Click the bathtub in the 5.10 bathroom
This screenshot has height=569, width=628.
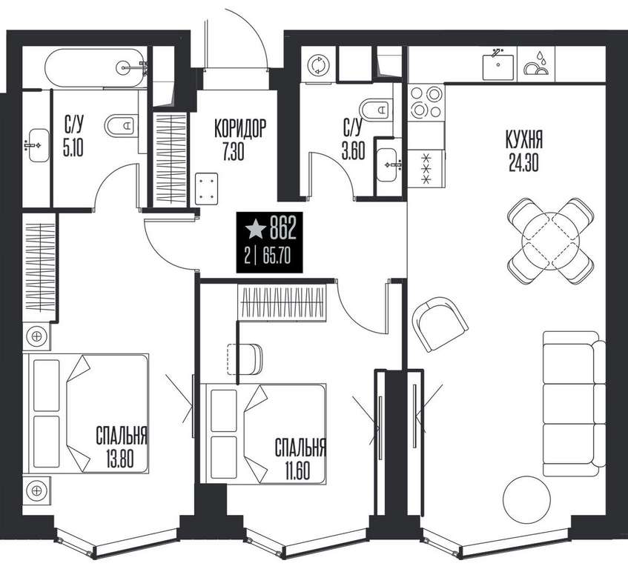tap(96, 67)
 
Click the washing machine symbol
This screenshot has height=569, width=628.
tap(318, 64)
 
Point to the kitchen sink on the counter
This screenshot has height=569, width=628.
tap(498, 67)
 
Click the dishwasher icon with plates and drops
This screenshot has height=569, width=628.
tap(536, 64)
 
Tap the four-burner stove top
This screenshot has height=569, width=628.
tap(426, 102)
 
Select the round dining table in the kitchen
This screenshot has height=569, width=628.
tap(551, 241)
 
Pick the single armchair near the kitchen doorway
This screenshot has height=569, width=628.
tap(440, 324)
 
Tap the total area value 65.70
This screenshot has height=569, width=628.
tap(277, 256)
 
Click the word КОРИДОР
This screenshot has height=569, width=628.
tap(240, 128)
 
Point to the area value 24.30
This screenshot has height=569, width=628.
tap(524, 162)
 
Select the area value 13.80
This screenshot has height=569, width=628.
tap(120, 459)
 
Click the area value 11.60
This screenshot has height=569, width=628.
tap(297, 470)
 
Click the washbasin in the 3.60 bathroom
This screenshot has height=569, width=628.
tap(388, 164)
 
